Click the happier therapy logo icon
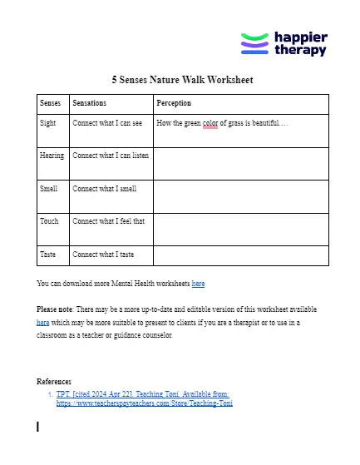(x=254, y=43)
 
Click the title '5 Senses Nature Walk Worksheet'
(x=182, y=81)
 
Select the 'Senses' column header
(x=50, y=103)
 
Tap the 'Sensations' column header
(x=90, y=103)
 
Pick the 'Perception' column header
(x=174, y=103)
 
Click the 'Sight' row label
(x=48, y=122)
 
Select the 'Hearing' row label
(x=52, y=156)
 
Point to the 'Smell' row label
(x=49, y=189)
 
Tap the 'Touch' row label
(x=49, y=221)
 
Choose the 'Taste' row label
(x=48, y=255)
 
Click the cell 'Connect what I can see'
(x=107, y=122)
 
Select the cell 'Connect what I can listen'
(x=111, y=156)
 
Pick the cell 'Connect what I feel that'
(x=108, y=221)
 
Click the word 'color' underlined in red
(x=210, y=123)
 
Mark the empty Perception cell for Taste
(x=240, y=255)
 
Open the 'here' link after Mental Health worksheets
(x=198, y=284)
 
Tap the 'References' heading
(x=54, y=382)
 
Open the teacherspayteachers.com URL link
(x=144, y=403)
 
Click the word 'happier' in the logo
(x=301, y=37)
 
